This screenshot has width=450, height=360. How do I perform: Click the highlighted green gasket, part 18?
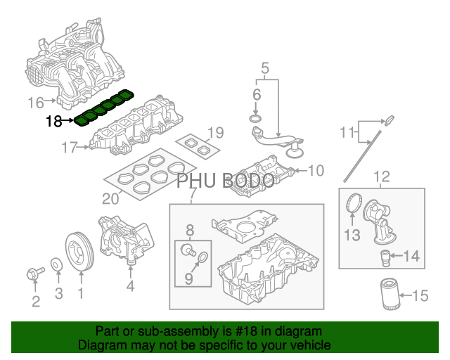[104, 108]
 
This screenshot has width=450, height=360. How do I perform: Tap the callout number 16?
[36, 103]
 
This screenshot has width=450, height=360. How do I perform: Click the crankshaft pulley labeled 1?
[79, 251]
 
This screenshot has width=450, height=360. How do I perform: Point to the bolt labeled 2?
[35, 273]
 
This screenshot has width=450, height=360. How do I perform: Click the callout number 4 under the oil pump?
[130, 286]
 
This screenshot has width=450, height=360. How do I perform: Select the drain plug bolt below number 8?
[187, 249]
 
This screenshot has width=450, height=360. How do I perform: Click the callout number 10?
[316, 170]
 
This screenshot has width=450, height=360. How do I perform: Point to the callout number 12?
[382, 176]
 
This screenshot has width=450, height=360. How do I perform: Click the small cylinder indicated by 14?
[385, 258]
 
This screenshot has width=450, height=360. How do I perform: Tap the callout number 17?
[70, 148]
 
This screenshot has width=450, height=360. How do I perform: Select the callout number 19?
[216, 133]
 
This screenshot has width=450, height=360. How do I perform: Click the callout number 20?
[110, 199]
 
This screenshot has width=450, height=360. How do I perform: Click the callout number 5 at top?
[265, 68]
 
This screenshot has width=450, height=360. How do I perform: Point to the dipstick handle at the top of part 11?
[390, 120]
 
